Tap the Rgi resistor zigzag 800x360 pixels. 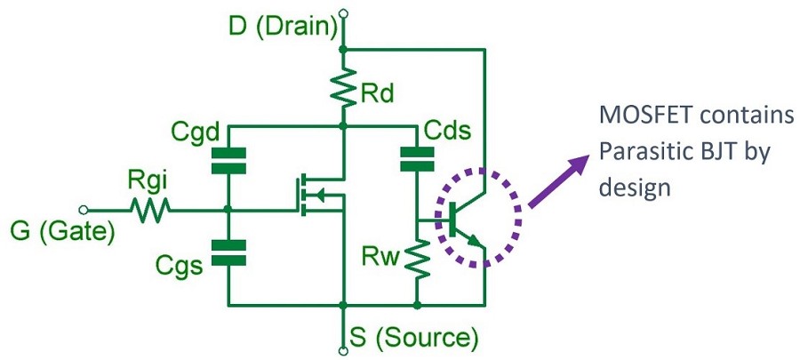tap(149, 211)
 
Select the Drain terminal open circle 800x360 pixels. tap(343, 12)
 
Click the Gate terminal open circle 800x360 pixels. tap(84, 211)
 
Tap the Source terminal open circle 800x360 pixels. tap(343, 348)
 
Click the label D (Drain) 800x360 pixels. tap(283, 27)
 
